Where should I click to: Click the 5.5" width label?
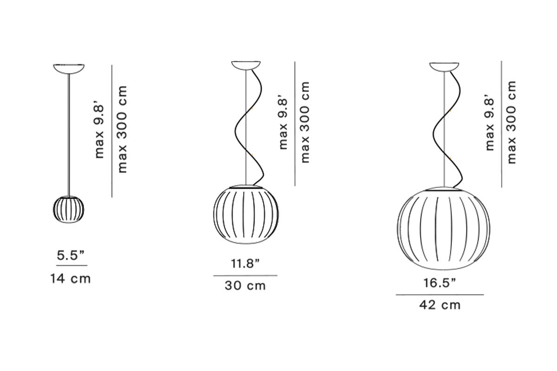click(x=71, y=255)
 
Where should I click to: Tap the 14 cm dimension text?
click(x=71, y=279)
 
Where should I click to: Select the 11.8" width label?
click(x=246, y=264)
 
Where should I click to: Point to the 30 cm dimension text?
click(x=246, y=286)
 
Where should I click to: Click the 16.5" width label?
click(x=440, y=283)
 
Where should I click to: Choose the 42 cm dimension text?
click(x=440, y=305)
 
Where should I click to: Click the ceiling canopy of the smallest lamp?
click(x=69, y=69)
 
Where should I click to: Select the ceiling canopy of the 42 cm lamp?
click(x=444, y=67)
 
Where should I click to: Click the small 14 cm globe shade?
click(x=69, y=209)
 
